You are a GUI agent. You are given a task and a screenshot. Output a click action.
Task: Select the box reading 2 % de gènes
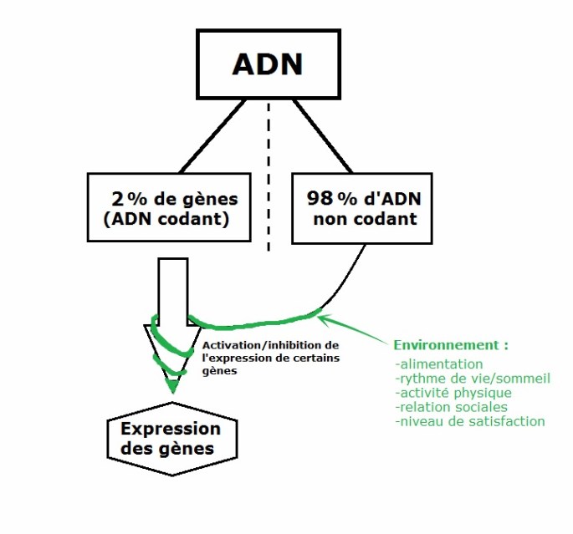[171, 208]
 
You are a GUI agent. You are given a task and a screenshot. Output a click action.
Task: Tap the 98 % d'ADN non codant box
[362, 208]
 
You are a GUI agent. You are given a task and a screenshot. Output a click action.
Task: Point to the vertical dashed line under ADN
[269, 175]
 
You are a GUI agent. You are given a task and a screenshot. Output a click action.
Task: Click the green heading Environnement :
[451, 345]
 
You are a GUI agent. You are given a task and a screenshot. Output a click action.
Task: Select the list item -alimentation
[441, 364]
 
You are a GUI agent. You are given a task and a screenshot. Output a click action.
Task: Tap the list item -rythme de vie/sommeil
[473, 379]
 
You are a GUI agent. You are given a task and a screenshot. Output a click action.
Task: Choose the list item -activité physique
[454, 393]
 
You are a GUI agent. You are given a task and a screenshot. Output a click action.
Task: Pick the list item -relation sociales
[452, 407]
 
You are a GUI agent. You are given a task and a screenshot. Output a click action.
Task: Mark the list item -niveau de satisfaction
[470, 421]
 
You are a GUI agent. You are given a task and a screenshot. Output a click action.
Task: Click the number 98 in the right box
[320, 199]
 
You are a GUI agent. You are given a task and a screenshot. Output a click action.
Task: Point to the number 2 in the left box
[117, 199]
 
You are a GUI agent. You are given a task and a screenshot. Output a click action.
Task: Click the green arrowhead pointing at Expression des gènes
[172, 386]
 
